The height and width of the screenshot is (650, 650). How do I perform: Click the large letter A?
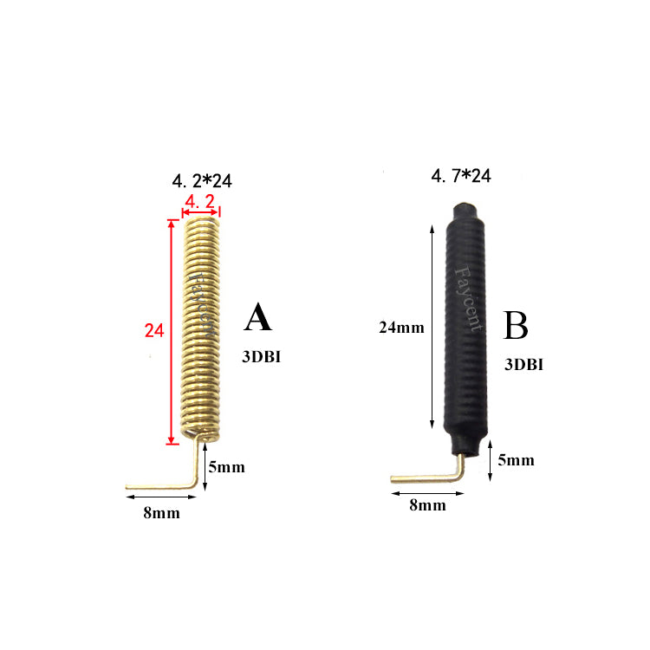[258, 317]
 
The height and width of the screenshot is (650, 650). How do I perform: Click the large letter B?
[516, 325]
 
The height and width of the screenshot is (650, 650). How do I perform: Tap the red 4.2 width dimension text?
[200, 202]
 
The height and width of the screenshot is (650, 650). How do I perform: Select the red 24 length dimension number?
[154, 331]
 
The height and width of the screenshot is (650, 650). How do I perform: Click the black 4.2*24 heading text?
[202, 181]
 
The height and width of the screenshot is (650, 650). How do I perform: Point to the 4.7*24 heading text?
[461, 176]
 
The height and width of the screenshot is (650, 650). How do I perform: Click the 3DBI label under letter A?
[261, 357]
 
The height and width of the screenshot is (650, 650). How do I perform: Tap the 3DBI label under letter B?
[523, 364]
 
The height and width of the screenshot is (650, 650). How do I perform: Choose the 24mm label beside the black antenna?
[401, 328]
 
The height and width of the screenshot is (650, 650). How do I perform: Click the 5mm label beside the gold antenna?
[226, 467]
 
